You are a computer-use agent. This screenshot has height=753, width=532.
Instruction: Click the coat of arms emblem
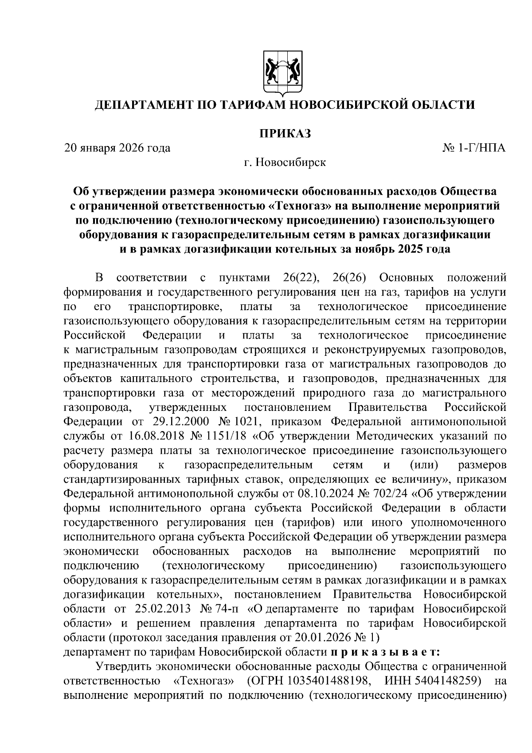(283, 73)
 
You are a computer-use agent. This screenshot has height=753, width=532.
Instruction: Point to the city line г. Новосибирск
(285, 162)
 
